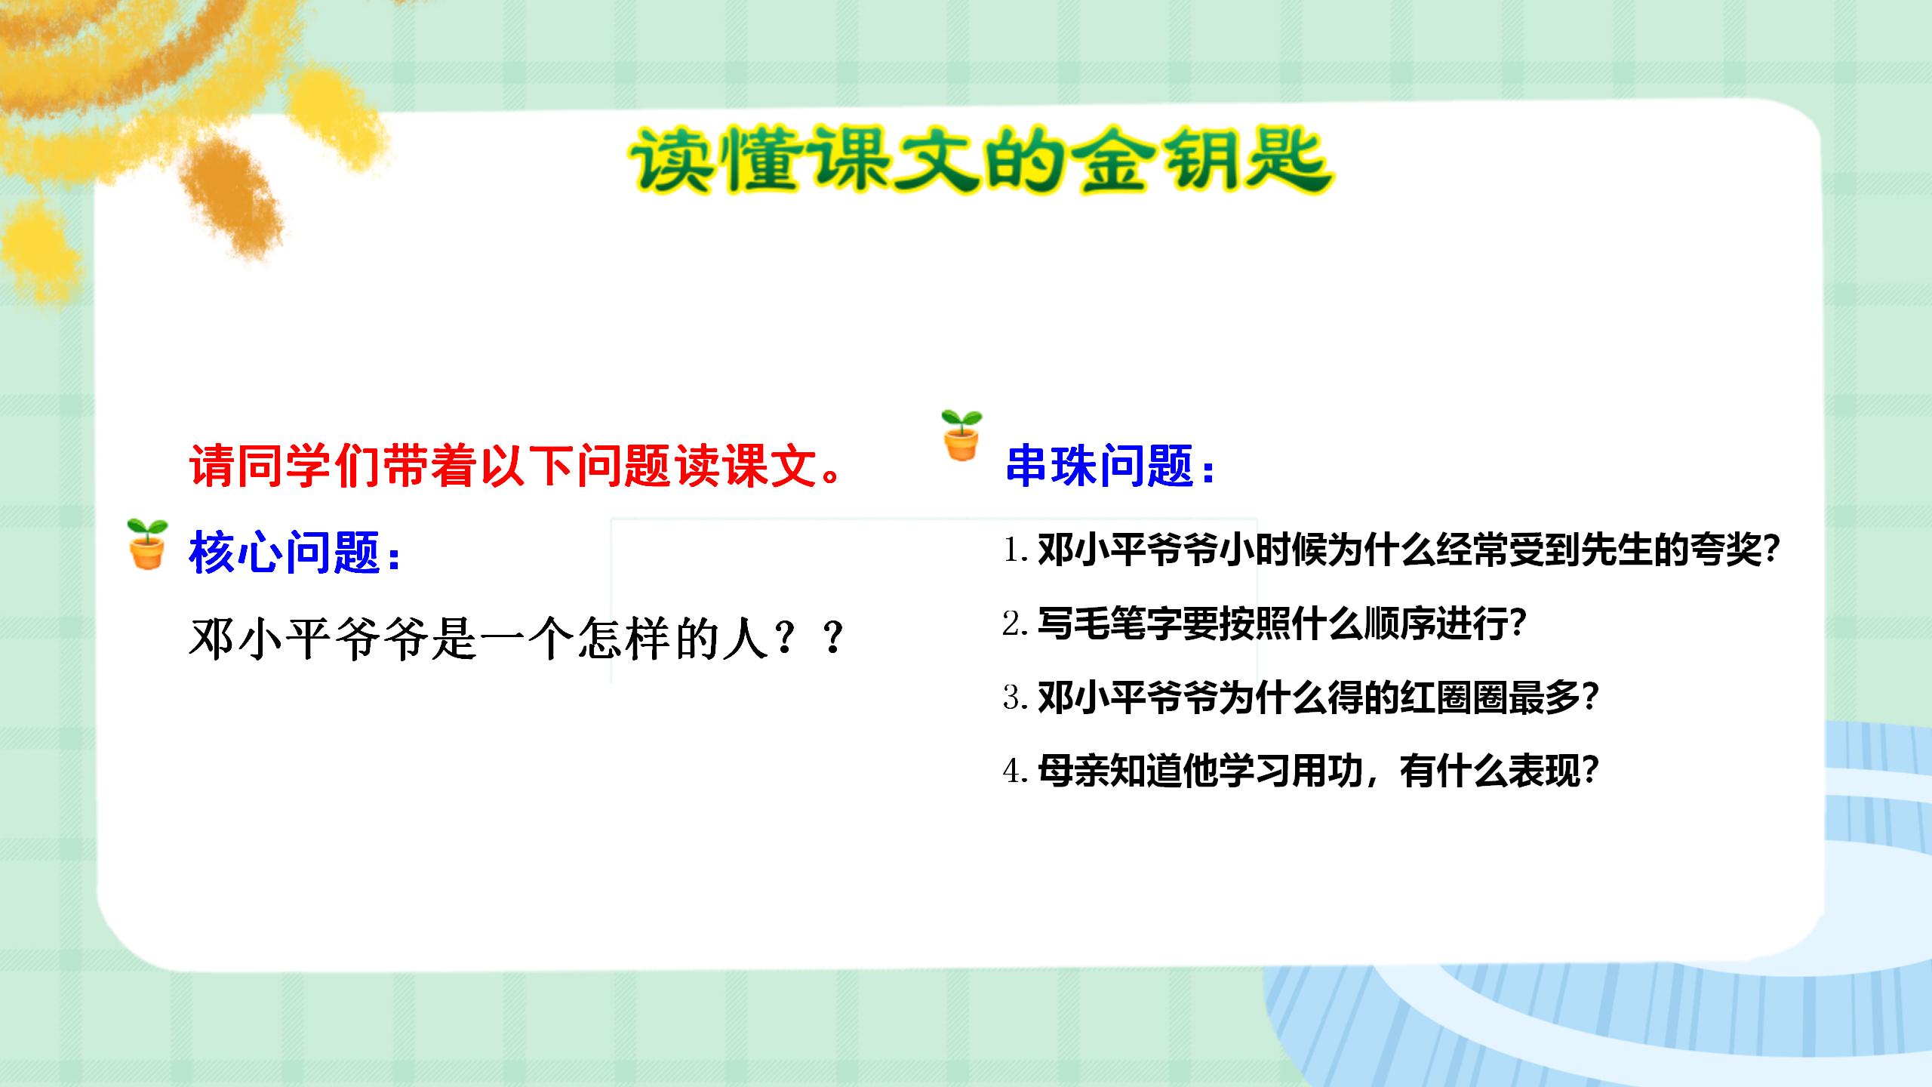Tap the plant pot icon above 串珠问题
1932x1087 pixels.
[961, 436]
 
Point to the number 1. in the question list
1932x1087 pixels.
[1015, 550]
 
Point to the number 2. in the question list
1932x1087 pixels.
[1015, 624]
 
